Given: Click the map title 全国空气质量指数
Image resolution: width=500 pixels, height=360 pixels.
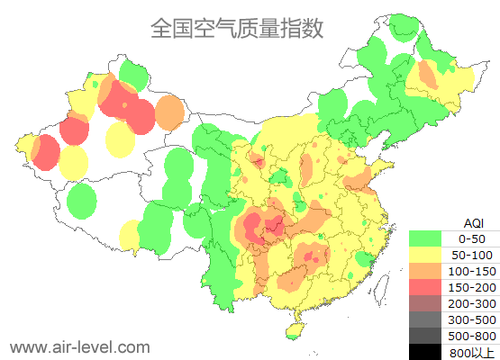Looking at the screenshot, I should point(236,28).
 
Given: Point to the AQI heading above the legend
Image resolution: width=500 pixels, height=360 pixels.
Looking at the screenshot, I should point(473,222).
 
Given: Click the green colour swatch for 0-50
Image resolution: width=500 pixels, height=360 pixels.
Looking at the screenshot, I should point(425,238).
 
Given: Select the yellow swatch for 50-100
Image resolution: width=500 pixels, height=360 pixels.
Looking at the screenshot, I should point(425,255).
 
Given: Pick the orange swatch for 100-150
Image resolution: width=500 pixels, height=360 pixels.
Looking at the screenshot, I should point(425,271).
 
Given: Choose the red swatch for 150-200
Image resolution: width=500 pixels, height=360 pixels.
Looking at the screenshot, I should point(425,287).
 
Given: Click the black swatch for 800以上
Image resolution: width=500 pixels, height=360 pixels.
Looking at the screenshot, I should point(425,351).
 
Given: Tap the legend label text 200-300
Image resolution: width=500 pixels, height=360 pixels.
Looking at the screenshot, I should point(472,303).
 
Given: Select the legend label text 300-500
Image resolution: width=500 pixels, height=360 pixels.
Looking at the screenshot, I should point(472,319).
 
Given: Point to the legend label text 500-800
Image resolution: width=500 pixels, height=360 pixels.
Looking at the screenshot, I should point(472,336).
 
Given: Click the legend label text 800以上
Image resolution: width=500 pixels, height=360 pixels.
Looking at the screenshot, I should point(472,351).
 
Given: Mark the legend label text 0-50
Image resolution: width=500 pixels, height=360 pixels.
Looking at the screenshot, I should point(472,238).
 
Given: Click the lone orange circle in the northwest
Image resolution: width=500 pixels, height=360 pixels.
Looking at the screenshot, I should point(169,112).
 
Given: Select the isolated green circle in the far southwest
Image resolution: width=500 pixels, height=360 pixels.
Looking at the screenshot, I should point(82,200).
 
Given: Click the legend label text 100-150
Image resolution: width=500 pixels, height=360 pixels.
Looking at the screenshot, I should point(472,271).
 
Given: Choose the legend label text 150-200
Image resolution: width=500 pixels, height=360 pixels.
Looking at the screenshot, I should point(472,287).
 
